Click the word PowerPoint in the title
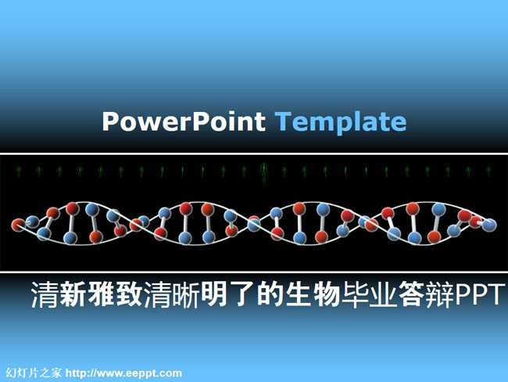click(x=184, y=121)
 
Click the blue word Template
click(x=341, y=122)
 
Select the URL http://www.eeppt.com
click(x=123, y=373)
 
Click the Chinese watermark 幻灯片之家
click(x=34, y=373)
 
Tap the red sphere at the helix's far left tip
click(x=18, y=225)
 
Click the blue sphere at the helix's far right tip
click(x=490, y=225)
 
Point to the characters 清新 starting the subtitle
click(x=59, y=294)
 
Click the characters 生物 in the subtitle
click(x=313, y=294)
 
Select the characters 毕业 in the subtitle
click(x=370, y=294)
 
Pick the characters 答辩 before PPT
click(x=426, y=294)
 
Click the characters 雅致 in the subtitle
click(x=116, y=294)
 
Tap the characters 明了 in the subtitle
click(x=228, y=294)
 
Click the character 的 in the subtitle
click(x=270, y=294)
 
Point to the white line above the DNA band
click(x=254, y=153)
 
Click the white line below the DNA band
click(x=254, y=272)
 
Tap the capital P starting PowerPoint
click(x=110, y=121)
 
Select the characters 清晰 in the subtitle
click(x=172, y=294)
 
